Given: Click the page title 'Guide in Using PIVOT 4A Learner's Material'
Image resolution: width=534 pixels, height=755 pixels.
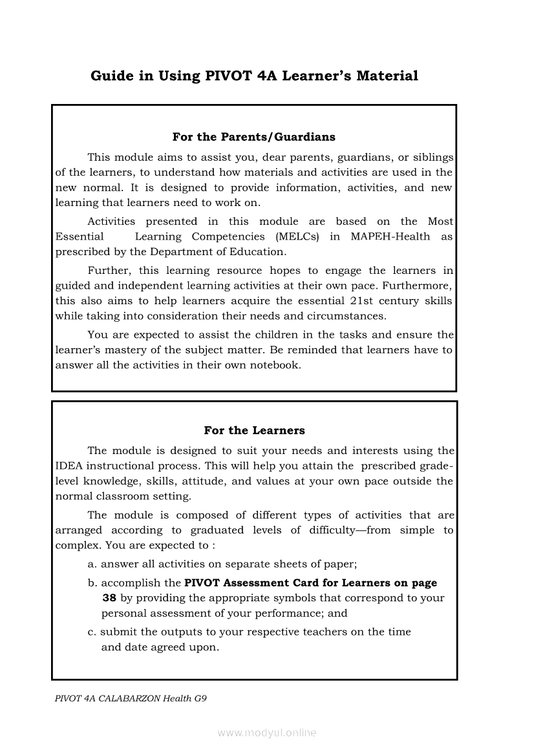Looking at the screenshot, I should coord(254,76).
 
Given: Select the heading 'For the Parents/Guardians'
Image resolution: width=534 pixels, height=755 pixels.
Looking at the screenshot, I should coord(253,137).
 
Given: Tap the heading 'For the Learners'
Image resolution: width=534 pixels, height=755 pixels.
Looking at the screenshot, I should coord(254,430).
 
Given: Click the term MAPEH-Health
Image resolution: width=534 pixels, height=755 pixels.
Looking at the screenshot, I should coord(390,236).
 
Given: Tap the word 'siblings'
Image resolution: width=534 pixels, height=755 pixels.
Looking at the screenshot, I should coord(433,157).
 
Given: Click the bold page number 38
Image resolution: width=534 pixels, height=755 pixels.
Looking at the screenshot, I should coord(109,598).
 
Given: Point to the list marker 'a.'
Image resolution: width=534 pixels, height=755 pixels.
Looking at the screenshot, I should coord(92,564).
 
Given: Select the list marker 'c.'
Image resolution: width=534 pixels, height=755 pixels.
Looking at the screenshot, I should coord(92,632).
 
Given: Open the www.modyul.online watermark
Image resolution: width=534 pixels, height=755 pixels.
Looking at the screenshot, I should coord(267,733).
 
